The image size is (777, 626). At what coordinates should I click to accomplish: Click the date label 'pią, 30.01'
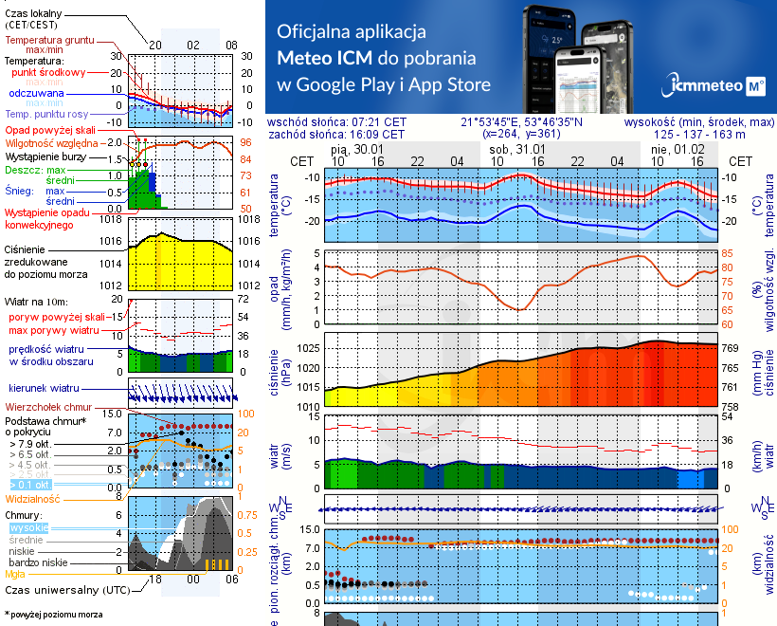tap(357, 150)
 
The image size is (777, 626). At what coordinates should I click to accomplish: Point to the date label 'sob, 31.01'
tap(517, 150)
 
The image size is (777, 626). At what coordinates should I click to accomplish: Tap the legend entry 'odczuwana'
tap(36, 94)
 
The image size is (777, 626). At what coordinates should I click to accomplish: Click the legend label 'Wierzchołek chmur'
tap(49, 406)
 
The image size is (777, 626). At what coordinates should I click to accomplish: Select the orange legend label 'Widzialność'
tap(33, 498)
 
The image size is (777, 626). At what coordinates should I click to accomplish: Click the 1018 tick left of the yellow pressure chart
tap(112, 219)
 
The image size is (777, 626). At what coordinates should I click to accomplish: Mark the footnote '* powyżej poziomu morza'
tap(55, 615)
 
